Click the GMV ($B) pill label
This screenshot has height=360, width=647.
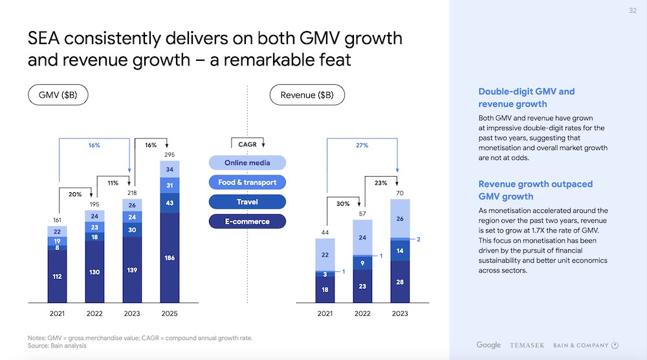pyautogui.click(x=58, y=95)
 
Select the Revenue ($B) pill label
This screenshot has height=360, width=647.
pyautogui.click(x=307, y=95)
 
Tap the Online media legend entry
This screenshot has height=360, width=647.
pyautogui.click(x=248, y=163)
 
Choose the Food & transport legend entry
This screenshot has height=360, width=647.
pyautogui.click(x=248, y=182)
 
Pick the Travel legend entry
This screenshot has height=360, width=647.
pyautogui.click(x=248, y=201)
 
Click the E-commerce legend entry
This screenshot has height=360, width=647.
pyautogui.click(x=248, y=221)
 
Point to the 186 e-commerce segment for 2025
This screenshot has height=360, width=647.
pyautogui.click(x=169, y=258)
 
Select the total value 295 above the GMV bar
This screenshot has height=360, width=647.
pyautogui.click(x=169, y=155)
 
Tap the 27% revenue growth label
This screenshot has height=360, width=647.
pyautogui.click(x=362, y=146)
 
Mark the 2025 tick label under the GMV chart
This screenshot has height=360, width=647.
pyautogui.click(x=169, y=313)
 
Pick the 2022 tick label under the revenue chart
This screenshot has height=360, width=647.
pyautogui.click(x=362, y=313)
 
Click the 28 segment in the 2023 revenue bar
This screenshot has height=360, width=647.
pyautogui.click(x=400, y=282)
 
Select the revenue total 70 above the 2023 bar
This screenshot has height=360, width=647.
pyautogui.click(x=400, y=193)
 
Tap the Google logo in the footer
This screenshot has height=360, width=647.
pyautogui.click(x=488, y=344)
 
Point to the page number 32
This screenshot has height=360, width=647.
pyautogui.click(x=632, y=10)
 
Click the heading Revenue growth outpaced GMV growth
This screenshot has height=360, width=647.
pyautogui.click(x=535, y=190)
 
